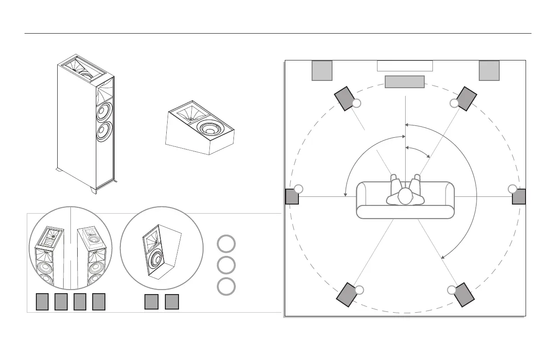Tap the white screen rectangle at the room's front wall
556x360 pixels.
click(x=405, y=66)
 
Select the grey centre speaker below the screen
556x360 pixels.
click(x=405, y=82)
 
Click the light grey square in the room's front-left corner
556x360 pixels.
click(x=322, y=70)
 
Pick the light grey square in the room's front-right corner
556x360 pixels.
click(x=489, y=70)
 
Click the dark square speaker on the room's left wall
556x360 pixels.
click(x=292, y=197)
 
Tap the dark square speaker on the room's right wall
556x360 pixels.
click(x=519, y=197)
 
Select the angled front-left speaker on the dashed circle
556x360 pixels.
click(x=345, y=98)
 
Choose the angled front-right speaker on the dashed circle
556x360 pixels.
click(x=467, y=99)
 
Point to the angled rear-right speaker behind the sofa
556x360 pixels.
click(x=464, y=294)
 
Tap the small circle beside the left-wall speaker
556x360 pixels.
click(x=298, y=189)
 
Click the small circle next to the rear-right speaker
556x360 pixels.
click(x=451, y=290)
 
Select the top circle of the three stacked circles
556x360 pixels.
click(x=226, y=244)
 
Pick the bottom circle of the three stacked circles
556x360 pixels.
click(x=226, y=286)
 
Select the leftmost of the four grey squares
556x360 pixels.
click(x=42, y=301)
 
